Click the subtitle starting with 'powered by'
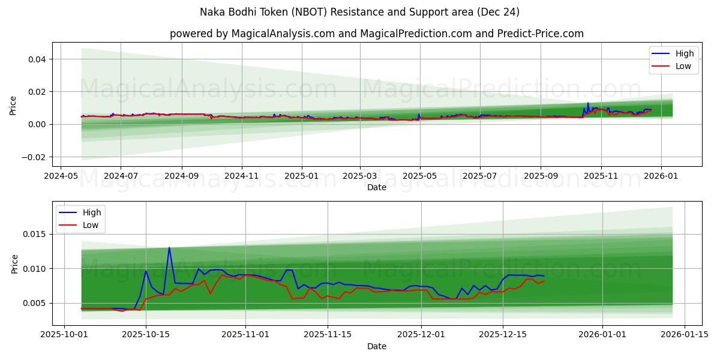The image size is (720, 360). (x=376, y=34)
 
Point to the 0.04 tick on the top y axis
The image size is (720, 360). (x=37, y=59)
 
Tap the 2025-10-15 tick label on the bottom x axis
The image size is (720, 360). (x=146, y=334)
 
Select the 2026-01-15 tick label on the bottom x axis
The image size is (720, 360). (x=684, y=334)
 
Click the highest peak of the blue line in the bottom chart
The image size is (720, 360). (x=169, y=247)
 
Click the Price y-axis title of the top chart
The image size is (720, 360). (x=13, y=105)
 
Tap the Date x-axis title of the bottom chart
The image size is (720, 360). (x=376, y=346)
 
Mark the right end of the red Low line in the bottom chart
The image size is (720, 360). (x=544, y=281)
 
